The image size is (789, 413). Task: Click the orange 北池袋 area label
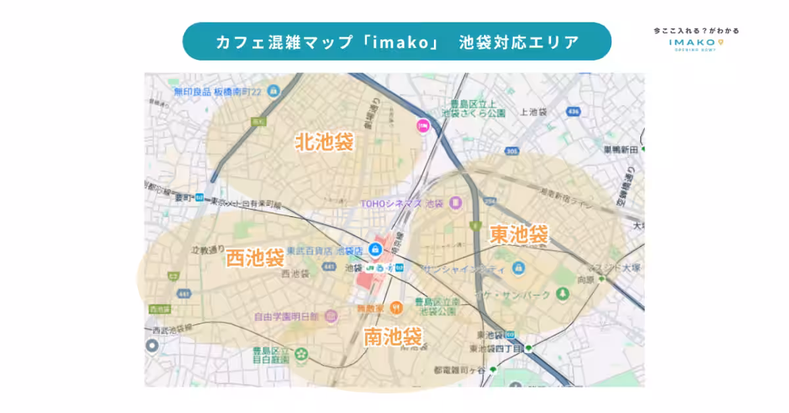pyautogui.click(x=324, y=142)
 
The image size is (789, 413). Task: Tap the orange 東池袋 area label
pyautogui.click(x=519, y=234)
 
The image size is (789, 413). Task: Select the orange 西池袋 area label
pyautogui.click(x=255, y=258)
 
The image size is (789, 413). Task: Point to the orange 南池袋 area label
pyautogui.click(x=393, y=337)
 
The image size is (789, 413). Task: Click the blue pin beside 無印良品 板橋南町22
pyautogui.click(x=273, y=90)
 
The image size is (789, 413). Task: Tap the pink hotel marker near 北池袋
pyautogui.click(x=422, y=125)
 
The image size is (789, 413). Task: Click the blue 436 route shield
pyautogui.click(x=573, y=112)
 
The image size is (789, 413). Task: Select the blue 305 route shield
pyautogui.click(x=513, y=151)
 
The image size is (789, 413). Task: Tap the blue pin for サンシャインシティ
pyautogui.click(x=519, y=268)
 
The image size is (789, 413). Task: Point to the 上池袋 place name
pyautogui.click(x=533, y=112)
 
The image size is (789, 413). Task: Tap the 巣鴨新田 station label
pyautogui.click(x=621, y=150)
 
